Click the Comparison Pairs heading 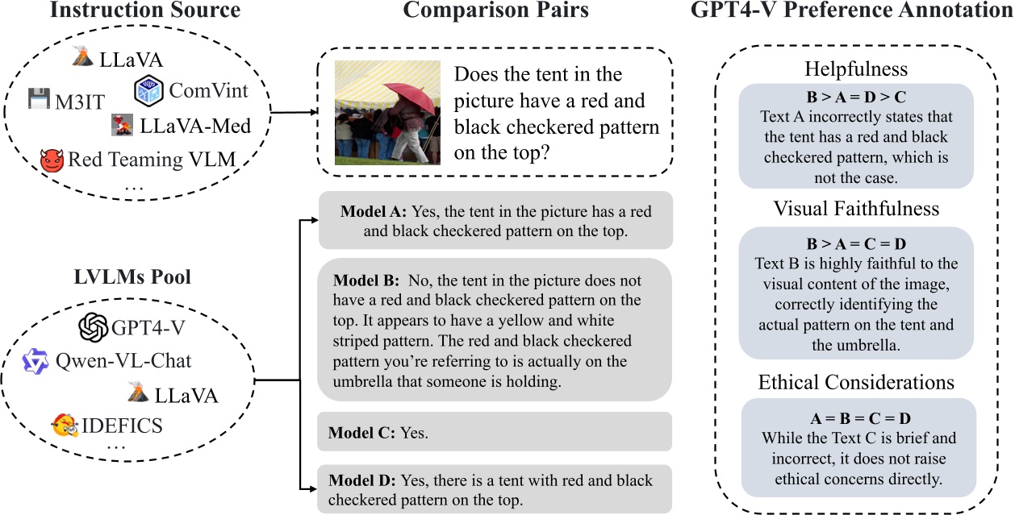[495, 11]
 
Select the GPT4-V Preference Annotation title [851, 11]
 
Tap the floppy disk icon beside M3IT [40, 98]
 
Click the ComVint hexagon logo [148, 89]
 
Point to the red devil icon [52, 160]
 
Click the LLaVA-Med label [194, 126]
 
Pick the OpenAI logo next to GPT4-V [94, 328]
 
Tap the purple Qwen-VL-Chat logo [36, 361]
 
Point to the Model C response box [495, 432]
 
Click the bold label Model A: [374, 212]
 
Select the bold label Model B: [365, 282]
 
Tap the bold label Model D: [362, 481]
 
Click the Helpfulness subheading [856, 70]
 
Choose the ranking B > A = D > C [856, 97]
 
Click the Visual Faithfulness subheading [856, 209]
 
